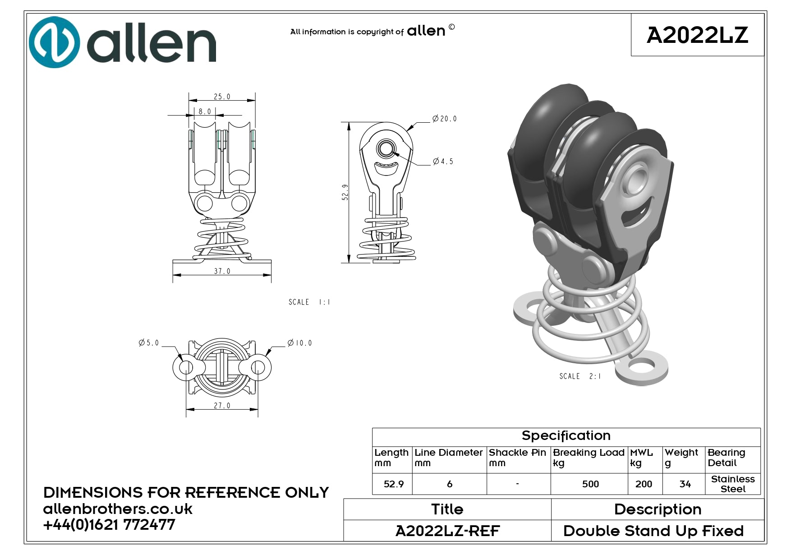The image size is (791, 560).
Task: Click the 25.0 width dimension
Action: (x=222, y=97)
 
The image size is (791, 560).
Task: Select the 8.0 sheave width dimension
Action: (x=205, y=111)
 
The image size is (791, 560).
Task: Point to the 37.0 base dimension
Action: (x=222, y=271)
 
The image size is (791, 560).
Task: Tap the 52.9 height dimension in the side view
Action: (x=345, y=192)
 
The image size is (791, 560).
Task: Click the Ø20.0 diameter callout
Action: (x=444, y=119)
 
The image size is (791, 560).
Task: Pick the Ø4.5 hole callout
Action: (x=443, y=161)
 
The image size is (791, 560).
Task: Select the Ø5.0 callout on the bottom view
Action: (x=149, y=343)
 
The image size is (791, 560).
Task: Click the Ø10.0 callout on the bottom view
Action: (x=299, y=343)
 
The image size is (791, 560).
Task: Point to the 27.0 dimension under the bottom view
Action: (x=222, y=406)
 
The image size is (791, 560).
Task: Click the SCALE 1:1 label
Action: (x=309, y=302)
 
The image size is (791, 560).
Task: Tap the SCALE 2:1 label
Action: (x=580, y=376)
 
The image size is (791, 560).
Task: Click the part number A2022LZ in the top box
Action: (x=697, y=35)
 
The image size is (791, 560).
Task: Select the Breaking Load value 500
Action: (x=590, y=484)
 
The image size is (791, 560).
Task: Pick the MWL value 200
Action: (x=644, y=484)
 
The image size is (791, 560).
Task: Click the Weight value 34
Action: (x=685, y=484)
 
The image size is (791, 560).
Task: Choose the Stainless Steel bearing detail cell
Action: (x=733, y=484)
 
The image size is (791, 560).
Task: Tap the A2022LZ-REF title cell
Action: (x=447, y=531)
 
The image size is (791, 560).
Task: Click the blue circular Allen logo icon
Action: (x=55, y=42)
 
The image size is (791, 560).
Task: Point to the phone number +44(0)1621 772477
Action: (x=109, y=525)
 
